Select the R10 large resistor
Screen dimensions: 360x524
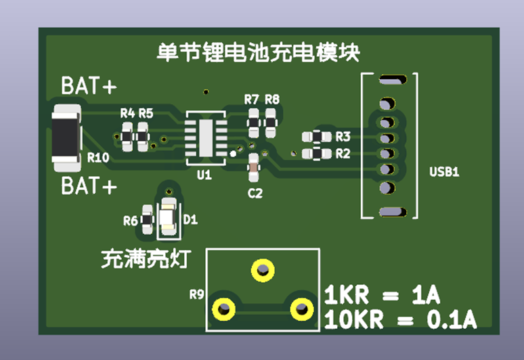66,138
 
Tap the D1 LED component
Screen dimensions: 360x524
168,218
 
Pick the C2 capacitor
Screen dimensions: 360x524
253,168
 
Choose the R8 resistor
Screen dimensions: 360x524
271,122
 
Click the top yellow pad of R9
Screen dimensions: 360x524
262,270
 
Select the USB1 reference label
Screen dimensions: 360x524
444,172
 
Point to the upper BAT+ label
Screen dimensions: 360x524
89,87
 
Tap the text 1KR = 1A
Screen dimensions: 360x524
382,296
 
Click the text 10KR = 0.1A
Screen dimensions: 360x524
400,319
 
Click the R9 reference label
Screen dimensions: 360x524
196,294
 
